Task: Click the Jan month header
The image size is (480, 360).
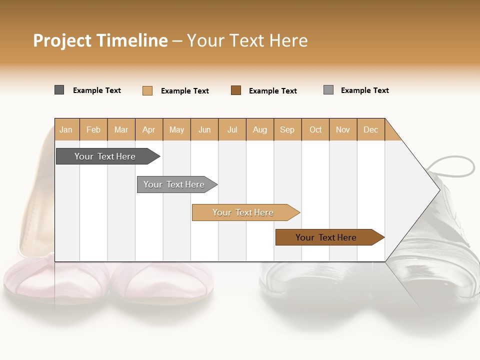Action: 66,129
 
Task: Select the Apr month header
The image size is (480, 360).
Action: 148,129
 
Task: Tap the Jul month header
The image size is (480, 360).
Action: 232,129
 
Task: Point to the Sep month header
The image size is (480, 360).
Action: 287,129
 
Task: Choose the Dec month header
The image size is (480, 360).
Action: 370,129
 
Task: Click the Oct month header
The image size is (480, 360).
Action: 315,129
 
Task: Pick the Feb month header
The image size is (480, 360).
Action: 93,129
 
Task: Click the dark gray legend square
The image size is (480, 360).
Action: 59,90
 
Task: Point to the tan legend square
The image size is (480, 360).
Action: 147,90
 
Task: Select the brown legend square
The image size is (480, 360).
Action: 236,90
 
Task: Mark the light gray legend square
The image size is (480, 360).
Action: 328,90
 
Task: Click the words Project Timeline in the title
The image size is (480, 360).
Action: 100,40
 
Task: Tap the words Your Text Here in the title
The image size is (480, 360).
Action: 247,40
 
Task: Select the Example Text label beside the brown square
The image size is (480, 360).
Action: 272,91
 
